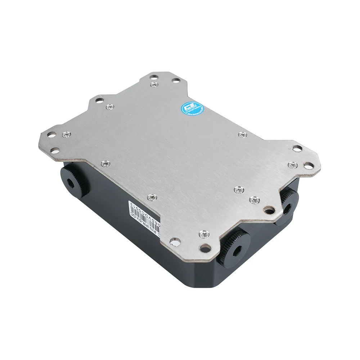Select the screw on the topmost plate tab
click(154, 84)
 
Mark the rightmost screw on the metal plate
click(292, 165)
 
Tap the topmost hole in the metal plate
click(154, 76)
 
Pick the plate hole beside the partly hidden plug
click(268, 209)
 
